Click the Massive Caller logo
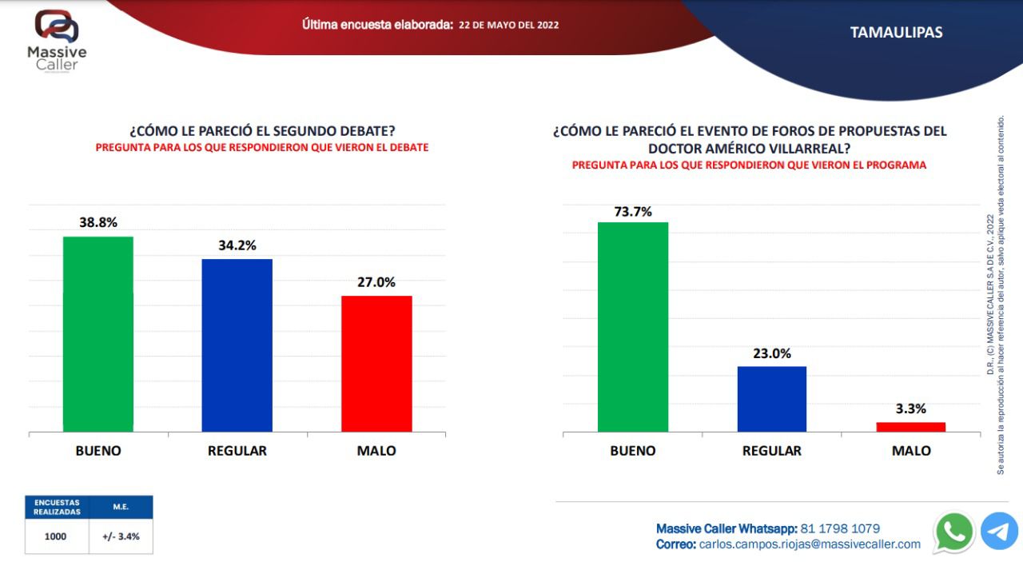tap(57, 40)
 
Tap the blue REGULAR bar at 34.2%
tap(237, 345)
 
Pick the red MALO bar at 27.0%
tap(376, 364)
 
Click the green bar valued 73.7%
tap(633, 327)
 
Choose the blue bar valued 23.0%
tap(772, 399)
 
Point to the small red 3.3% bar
tap(911, 427)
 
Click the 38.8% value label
tap(98, 223)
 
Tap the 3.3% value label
tap(911, 409)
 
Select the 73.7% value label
tap(633, 212)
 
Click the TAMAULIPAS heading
tap(896, 33)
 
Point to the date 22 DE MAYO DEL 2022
tap(509, 25)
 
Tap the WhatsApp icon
tap(954, 532)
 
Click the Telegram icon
tap(999, 532)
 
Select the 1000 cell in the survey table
tap(57, 536)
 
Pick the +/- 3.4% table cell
tap(121, 536)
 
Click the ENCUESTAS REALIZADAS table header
tap(57, 507)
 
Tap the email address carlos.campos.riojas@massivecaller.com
tap(810, 544)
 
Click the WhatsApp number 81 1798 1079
tap(840, 528)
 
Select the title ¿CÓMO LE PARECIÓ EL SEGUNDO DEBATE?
tap(262, 131)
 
